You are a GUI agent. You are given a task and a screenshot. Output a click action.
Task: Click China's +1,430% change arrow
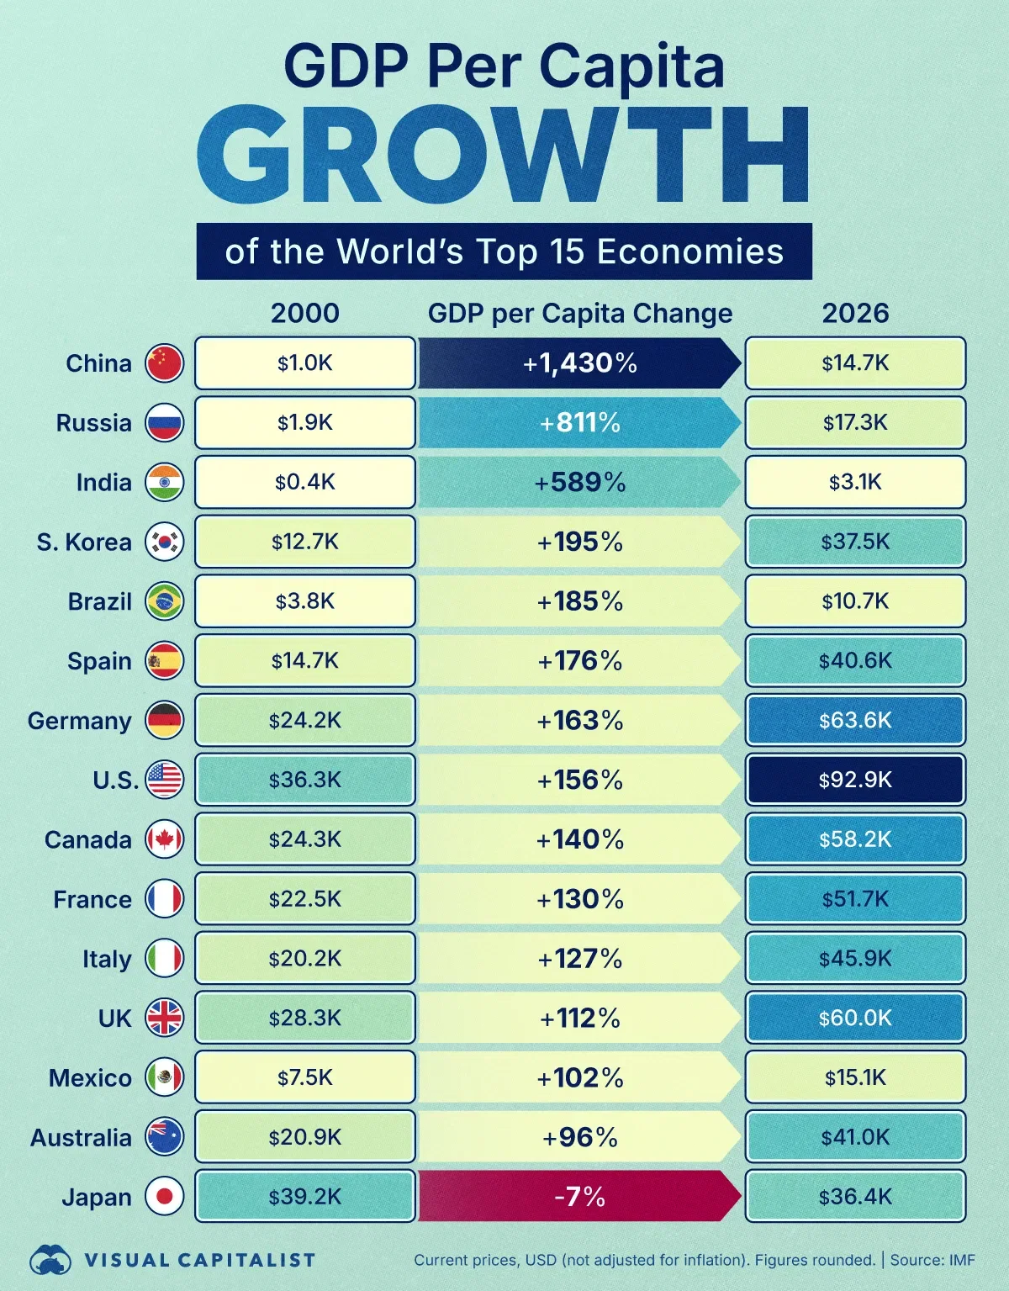pos(579,363)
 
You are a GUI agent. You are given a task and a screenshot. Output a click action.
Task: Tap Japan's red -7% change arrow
pos(579,1196)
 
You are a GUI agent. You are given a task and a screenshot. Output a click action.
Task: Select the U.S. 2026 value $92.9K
pos(855,780)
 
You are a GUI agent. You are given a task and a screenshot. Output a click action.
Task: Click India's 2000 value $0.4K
pos(304,482)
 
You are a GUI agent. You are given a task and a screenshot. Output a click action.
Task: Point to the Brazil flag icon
pos(164,601)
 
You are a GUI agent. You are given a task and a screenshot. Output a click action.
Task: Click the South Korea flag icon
pos(164,542)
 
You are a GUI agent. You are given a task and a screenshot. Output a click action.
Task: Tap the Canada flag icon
pos(164,839)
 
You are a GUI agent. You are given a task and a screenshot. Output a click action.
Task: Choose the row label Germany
pos(80,721)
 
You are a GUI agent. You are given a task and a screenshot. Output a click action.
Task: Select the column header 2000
pos(304,313)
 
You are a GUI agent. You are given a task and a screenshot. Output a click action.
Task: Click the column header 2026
pos(855,313)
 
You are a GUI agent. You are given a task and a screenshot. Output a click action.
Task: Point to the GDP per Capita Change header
pos(579,313)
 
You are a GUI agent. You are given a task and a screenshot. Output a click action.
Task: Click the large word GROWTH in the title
pos(503,156)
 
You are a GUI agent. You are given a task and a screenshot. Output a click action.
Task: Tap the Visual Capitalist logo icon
pos(50,1260)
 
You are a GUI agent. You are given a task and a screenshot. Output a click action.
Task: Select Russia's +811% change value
pos(579,422)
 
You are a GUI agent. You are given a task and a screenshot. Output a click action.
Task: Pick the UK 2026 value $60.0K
pos(855,1018)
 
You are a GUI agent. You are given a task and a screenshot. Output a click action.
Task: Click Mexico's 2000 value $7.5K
pos(304,1077)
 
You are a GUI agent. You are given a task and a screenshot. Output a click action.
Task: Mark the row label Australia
pos(82,1138)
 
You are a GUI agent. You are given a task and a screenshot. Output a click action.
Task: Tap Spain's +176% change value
pos(579,661)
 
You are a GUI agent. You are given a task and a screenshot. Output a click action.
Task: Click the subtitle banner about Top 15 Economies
pos(504,251)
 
